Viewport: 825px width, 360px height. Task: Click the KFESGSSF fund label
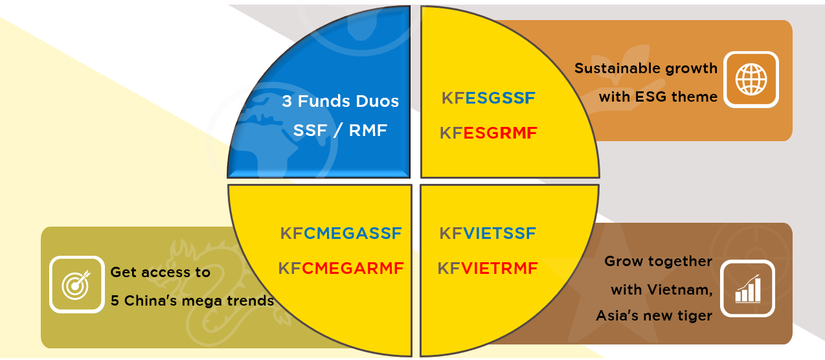(488, 98)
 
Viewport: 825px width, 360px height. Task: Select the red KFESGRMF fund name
(488, 133)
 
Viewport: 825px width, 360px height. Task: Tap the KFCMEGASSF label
(341, 233)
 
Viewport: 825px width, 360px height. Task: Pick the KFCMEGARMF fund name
(341, 268)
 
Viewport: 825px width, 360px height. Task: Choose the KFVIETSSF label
(488, 233)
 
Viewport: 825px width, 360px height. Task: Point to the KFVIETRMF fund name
(488, 268)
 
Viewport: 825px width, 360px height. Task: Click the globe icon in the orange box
(751, 80)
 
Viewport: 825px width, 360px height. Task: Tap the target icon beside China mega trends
(77, 284)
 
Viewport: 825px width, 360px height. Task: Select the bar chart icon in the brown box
(747, 289)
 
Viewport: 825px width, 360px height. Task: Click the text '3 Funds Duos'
(340, 102)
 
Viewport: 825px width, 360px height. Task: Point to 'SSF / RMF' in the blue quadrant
(340, 131)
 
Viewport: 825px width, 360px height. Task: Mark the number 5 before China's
(115, 301)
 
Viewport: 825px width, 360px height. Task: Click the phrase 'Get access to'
(160, 273)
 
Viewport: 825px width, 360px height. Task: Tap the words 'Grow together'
(658, 262)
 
